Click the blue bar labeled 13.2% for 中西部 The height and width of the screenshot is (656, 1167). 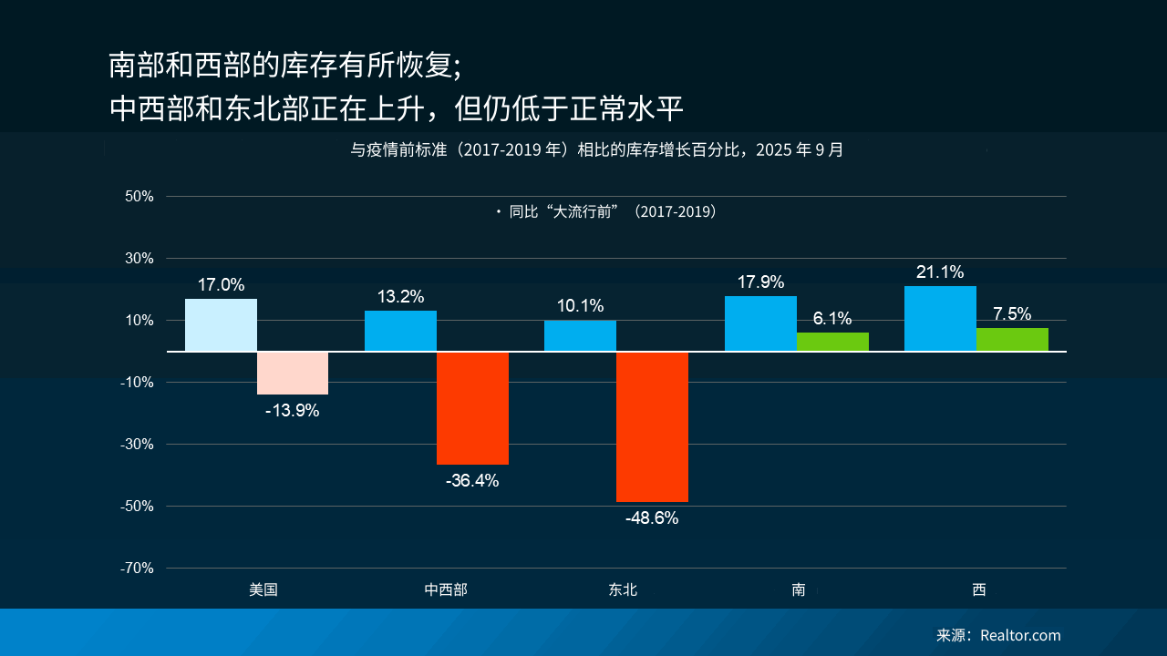(400, 331)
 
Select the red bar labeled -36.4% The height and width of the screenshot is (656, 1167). (472, 408)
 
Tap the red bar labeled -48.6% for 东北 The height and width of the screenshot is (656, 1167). (652, 426)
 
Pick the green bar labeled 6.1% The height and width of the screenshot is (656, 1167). (832, 342)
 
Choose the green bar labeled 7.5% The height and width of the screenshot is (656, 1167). (1012, 339)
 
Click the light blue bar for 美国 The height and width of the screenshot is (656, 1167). (221, 324)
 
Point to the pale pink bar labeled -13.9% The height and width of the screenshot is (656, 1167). (293, 373)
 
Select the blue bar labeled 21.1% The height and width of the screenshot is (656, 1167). (940, 318)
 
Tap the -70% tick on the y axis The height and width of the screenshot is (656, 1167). (137, 568)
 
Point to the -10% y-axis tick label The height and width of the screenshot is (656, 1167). (137, 382)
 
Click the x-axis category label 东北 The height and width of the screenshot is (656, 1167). (624, 589)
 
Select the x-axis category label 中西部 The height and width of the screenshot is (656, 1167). (446, 589)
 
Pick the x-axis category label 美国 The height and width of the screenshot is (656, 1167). (263, 589)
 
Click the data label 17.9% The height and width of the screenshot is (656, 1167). (760, 282)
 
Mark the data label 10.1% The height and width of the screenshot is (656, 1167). (580, 306)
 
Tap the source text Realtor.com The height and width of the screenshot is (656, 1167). (1020, 635)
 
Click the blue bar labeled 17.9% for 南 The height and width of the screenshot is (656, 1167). (760, 323)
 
